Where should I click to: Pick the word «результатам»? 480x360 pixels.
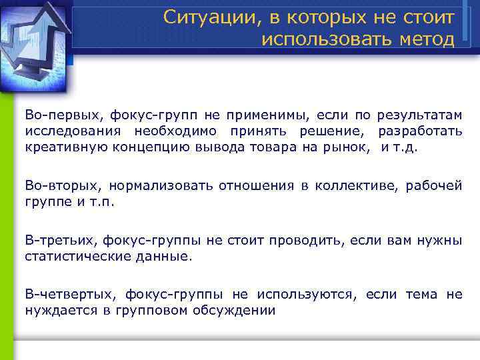pos(419,116)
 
